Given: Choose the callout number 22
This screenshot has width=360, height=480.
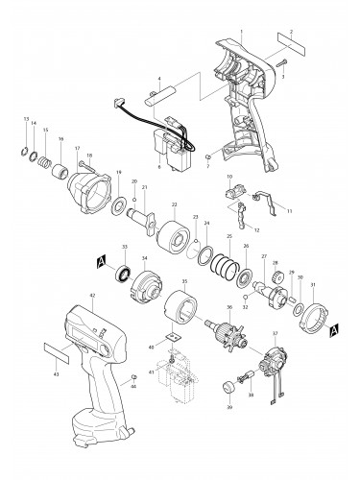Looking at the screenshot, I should coord(174,204).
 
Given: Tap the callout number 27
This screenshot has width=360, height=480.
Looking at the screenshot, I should coord(264,256).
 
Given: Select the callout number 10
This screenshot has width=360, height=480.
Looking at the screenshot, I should coord(230,178).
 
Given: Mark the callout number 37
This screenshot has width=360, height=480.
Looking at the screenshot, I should coord(276,335).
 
